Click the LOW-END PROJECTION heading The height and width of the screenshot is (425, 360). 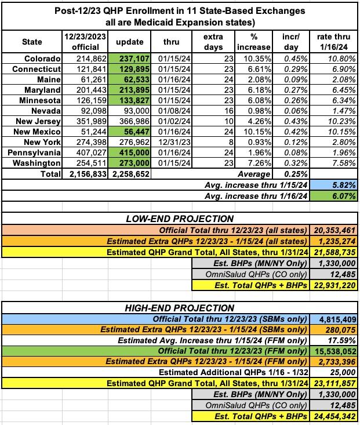tap(180, 219)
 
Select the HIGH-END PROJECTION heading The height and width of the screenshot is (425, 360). tap(180, 308)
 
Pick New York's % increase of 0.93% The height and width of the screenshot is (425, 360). tap(254, 142)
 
